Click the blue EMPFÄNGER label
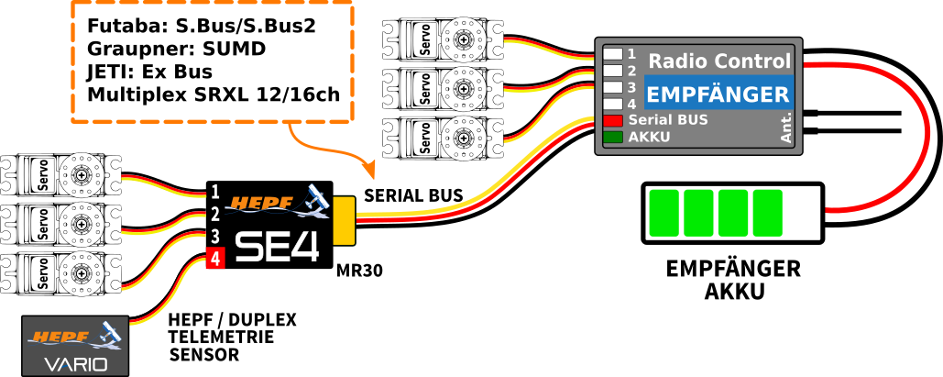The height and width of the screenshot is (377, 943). point(718,94)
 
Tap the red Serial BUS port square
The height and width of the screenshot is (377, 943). point(612,120)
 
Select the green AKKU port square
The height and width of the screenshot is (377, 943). point(612,138)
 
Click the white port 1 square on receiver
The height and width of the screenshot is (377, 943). point(612,54)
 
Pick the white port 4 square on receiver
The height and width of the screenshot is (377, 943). point(612,104)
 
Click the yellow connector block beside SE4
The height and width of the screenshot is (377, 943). point(344,220)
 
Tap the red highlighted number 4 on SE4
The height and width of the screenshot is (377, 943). point(214,260)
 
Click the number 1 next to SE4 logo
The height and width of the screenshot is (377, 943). point(215,192)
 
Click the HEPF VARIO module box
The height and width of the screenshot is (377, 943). point(76,346)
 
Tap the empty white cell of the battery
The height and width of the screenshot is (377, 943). point(802,213)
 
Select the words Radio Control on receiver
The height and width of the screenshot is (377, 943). point(719,61)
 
